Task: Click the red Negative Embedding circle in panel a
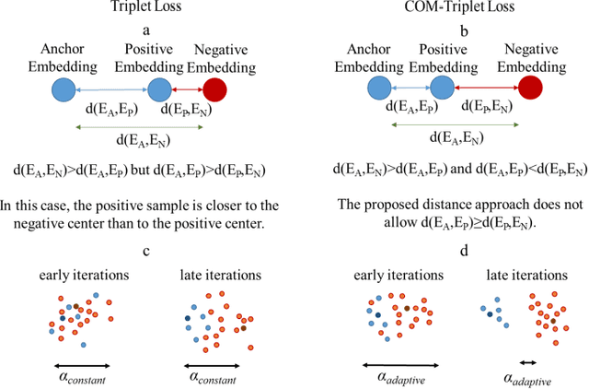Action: click(x=214, y=89)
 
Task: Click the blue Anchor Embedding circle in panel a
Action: click(x=63, y=89)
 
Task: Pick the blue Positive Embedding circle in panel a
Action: click(x=159, y=89)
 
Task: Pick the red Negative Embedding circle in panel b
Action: click(x=529, y=88)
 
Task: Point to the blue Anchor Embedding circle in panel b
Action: click(x=378, y=88)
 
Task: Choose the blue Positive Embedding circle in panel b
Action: click(x=440, y=88)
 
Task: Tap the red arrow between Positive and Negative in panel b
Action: click(x=484, y=88)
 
